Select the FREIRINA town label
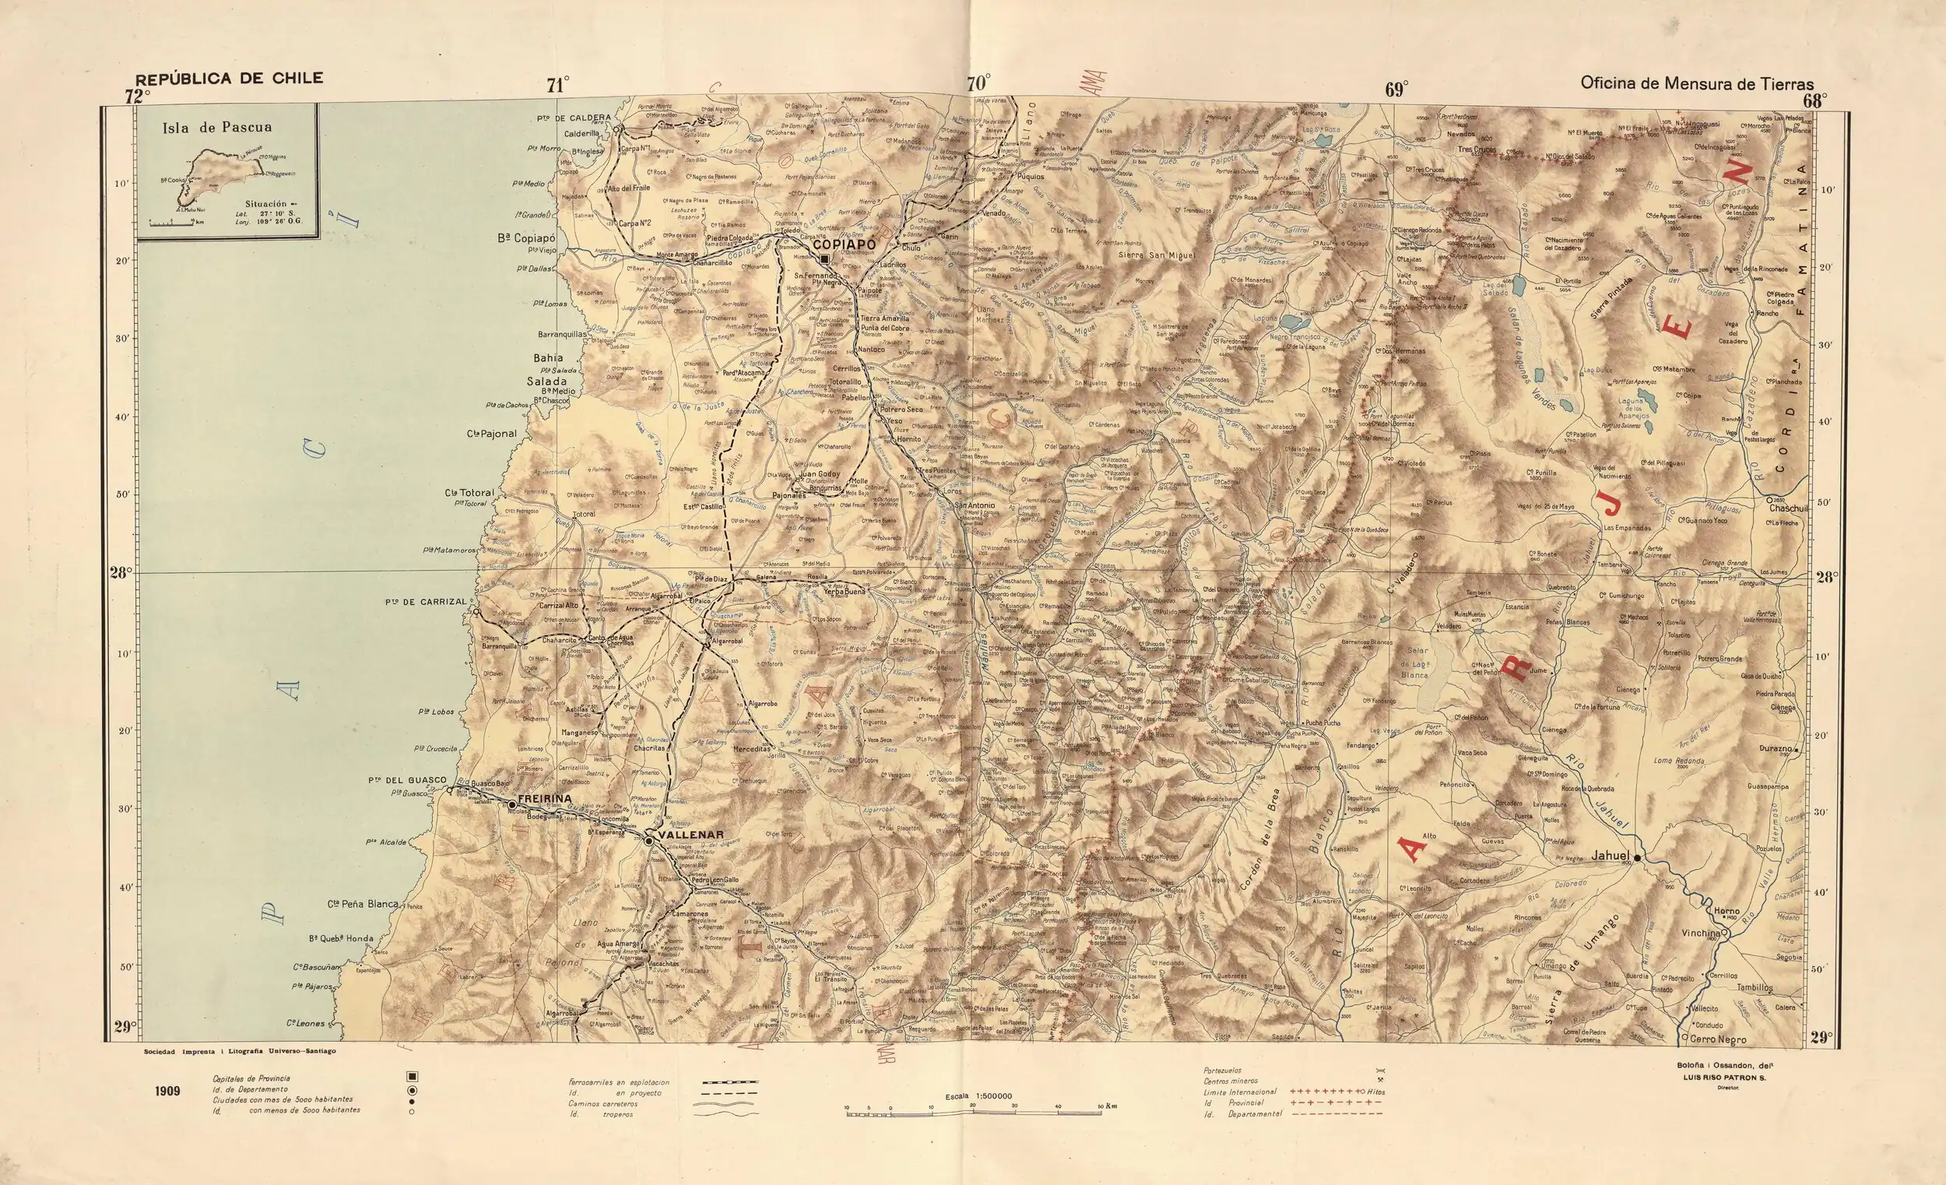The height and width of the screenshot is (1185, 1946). point(544,798)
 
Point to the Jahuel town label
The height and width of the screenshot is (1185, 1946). point(1611,856)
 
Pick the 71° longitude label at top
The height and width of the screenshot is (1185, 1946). point(557,86)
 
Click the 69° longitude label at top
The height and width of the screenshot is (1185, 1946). point(1396,90)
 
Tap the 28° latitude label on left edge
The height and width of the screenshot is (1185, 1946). point(121,572)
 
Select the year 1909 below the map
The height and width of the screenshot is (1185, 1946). point(167,1091)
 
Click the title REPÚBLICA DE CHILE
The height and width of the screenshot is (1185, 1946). point(229,78)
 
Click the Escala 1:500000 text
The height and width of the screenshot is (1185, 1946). point(978,1096)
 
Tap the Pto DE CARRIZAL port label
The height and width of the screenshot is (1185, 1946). point(426,602)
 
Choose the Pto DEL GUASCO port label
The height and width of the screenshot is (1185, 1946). point(407,779)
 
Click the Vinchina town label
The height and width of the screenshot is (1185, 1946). point(1700,933)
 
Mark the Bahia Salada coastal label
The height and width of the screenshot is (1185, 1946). point(547,370)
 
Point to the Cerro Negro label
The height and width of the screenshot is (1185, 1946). point(1718,1039)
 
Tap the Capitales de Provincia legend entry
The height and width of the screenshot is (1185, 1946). point(251,1078)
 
